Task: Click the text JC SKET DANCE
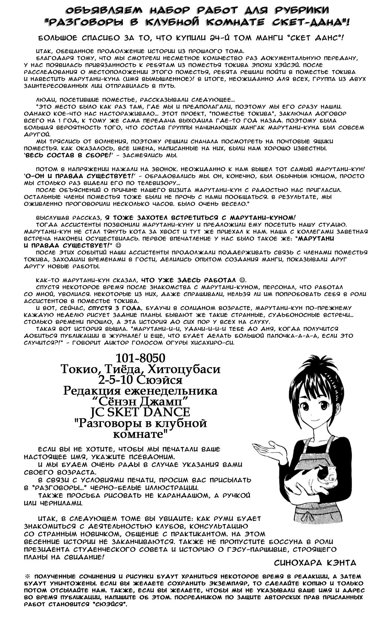(x=140, y=412)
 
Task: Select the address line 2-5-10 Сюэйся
(x=140, y=380)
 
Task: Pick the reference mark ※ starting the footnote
(x=27, y=576)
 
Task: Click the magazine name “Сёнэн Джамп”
(x=140, y=401)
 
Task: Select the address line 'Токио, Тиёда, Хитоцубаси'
(x=140, y=369)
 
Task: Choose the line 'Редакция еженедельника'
(x=140, y=391)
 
